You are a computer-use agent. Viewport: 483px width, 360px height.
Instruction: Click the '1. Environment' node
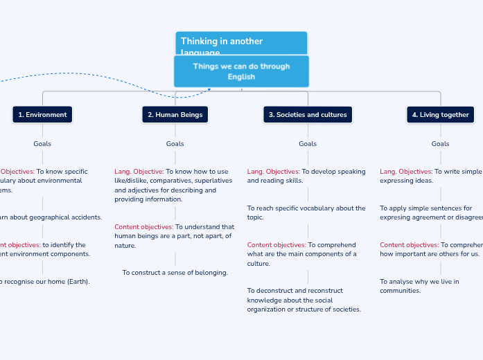(42, 115)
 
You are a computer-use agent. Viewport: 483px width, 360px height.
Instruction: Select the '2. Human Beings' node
(175, 115)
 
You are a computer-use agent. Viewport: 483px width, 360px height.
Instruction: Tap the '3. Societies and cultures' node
(308, 115)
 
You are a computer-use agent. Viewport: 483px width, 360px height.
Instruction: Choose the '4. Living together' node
(440, 115)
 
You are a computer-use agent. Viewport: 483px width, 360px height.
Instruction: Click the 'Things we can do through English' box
(241, 71)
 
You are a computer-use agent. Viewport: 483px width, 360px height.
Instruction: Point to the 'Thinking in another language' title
(222, 42)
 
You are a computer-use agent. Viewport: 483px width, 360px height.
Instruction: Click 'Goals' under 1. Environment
(42, 144)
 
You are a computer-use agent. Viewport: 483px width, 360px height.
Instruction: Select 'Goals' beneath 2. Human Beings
(175, 144)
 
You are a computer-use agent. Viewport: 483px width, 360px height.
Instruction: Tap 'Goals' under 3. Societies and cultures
(308, 144)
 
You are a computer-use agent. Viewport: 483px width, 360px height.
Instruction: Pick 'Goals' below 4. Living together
(440, 144)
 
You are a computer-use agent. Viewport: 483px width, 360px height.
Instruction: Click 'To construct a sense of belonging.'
(175, 273)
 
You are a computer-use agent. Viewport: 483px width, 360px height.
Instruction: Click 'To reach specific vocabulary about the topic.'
(306, 213)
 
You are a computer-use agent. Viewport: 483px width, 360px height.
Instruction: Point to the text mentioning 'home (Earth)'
(46, 282)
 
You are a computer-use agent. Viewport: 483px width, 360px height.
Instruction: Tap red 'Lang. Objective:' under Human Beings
(139, 172)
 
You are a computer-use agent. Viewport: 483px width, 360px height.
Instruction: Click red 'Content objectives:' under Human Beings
(143, 227)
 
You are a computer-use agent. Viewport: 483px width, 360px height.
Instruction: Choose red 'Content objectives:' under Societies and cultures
(276, 245)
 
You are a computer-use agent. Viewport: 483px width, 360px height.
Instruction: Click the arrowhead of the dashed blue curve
(209, 89)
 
